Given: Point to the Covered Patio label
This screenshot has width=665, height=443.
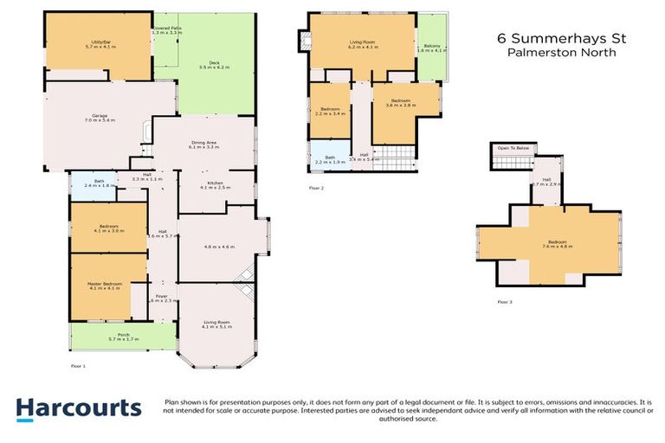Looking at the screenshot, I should (x=167, y=30).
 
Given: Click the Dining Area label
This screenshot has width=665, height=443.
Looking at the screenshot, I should (x=203, y=146).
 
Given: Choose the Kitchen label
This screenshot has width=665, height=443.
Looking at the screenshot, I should (x=213, y=184).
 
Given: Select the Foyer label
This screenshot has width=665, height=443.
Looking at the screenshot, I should (x=161, y=299).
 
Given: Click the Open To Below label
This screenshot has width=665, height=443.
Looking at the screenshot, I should (x=513, y=148).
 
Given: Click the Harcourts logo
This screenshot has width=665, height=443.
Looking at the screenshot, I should (x=78, y=409).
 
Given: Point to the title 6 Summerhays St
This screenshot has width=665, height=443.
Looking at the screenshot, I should (x=561, y=38).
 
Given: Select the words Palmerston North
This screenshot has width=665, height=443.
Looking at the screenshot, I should (x=561, y=53).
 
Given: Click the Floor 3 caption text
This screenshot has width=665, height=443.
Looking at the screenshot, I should (x=505, y=302).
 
